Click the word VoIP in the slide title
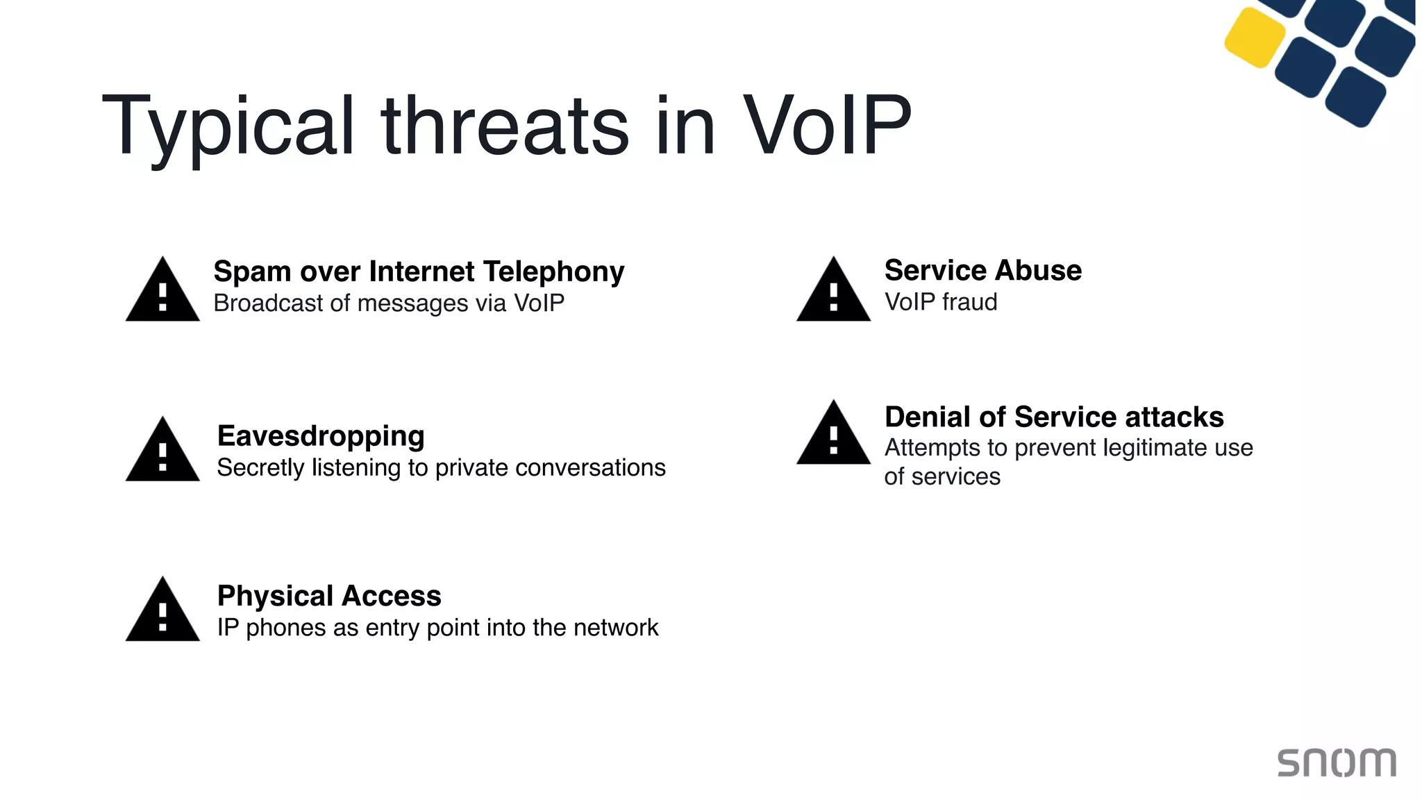826,126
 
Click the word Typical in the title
228,128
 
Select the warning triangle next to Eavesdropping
162,451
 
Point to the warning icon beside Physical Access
162,611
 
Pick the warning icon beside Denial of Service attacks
833,435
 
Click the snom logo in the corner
1337,762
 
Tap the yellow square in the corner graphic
1255,37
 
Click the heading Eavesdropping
321,436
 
